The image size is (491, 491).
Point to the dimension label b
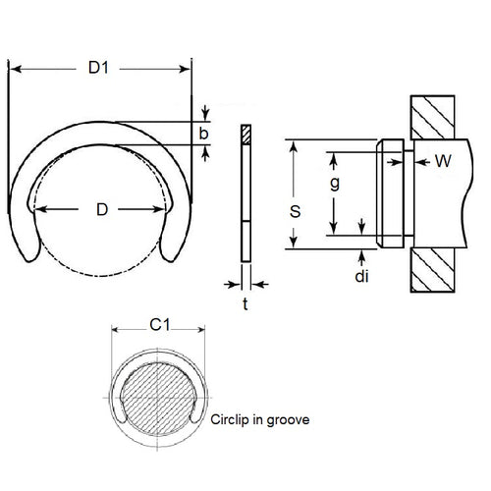tap(203, 134)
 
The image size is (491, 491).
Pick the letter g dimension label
tap(335, 184)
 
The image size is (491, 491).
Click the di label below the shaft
tap(362, 277)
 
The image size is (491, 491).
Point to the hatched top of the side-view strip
tap(245, 134)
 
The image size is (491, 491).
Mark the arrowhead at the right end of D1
tap(187, 68)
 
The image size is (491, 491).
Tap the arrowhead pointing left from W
tap(419, 161)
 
